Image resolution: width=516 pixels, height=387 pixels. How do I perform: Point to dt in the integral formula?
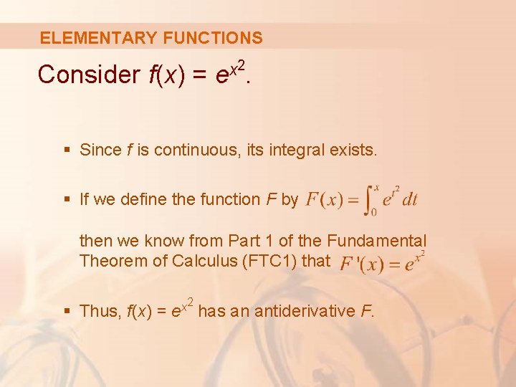(408, 199)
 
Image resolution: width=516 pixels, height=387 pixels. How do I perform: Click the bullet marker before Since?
(67, 150)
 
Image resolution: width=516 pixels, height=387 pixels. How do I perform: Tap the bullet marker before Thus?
(67, 311)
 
